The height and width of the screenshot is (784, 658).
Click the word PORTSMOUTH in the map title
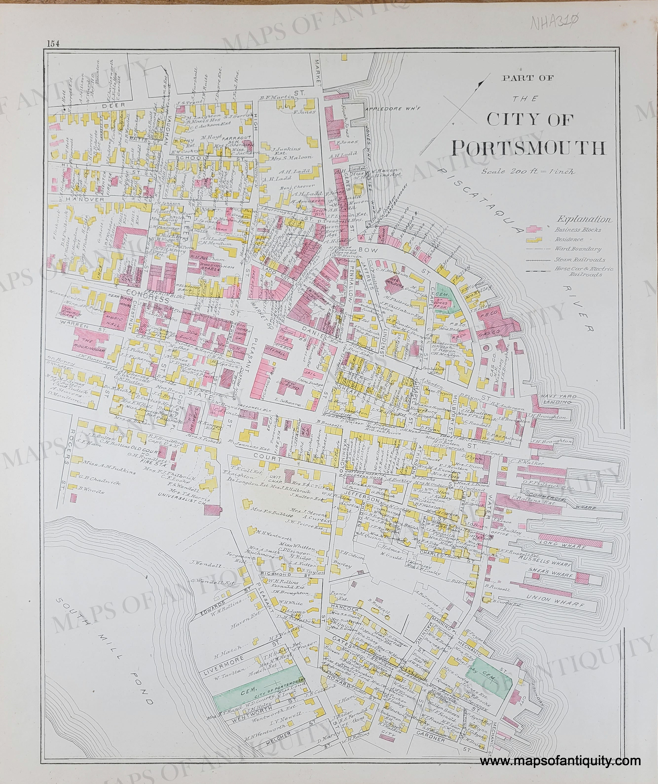(x=528, y=148)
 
